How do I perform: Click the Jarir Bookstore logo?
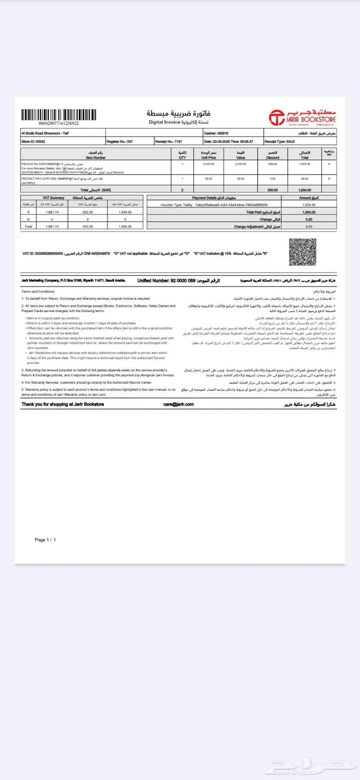click(x=303, y=117)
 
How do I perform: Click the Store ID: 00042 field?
click(x=34, y=141)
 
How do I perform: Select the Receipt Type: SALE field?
click(x=281, y=141)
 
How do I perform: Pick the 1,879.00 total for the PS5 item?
click(x=304, y=164)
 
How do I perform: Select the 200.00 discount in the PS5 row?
click(x=272, y=164)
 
